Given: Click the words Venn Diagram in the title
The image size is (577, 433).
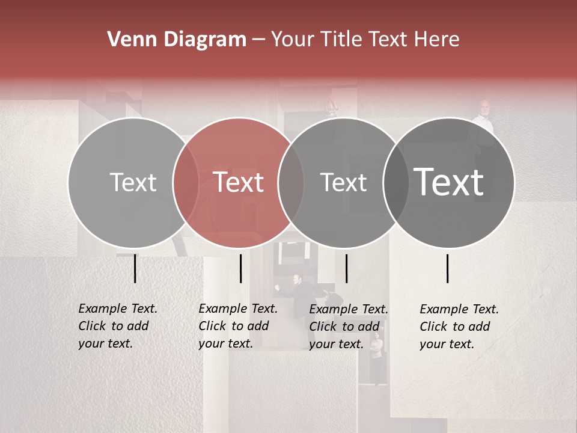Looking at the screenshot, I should point(177,40).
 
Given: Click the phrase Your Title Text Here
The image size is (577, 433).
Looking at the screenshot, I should point(365,40).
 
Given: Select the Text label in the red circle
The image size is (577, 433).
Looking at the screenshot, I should point(239,182).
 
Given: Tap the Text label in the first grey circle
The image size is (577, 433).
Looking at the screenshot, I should point(133,182).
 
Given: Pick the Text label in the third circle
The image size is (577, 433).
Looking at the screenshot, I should point(343,182).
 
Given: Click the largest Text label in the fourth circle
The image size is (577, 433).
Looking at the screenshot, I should point(449,182).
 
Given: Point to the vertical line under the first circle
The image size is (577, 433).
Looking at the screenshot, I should point(135,268).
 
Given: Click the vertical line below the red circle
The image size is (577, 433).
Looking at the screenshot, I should point(240,268).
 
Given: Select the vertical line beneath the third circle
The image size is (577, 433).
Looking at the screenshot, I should point(346,268).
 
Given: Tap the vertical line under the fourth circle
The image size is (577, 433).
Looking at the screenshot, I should point(448,268).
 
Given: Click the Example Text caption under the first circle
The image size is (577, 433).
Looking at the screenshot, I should point(118,326).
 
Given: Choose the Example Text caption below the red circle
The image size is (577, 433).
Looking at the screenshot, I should point(238,326).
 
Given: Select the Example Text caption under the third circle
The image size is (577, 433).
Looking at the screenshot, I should point(349,327).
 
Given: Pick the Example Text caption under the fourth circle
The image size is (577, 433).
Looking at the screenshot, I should point(459,327).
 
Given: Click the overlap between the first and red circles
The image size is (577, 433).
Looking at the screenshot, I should point(186,182).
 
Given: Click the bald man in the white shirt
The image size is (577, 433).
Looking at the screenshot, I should point(484,120).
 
